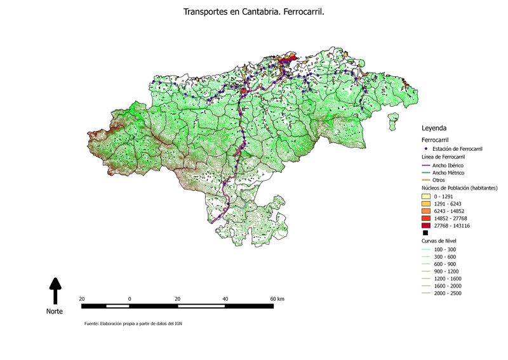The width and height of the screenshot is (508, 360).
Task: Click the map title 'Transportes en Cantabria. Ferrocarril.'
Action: pyautogui.click(x=254, y=11)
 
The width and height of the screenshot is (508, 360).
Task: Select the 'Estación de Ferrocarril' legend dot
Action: pyautogui.click(x=425, y=148)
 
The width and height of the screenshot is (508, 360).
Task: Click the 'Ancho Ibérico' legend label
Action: pyautogui.click(x=448, y=165)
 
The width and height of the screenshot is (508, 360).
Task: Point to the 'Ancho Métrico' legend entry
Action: pyautogui.click(x=448, y=172)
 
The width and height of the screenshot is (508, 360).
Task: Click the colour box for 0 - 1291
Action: pyautogui.click(x=425, y=197)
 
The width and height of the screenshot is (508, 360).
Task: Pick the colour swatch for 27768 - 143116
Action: pyautogui.click(x=425, y=225)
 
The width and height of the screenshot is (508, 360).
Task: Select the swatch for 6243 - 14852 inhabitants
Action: pyautogui.click(x=425, y=211)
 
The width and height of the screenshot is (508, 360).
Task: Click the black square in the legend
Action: pyautogui.click(x=425, y=233)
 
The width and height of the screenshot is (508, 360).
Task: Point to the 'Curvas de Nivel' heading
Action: pyautogui.click(x=439, y=242)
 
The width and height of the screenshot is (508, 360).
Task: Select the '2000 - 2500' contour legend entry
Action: pyautogui.click(x=448, y=293)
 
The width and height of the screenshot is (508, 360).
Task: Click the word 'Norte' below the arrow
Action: pyautogui.click(x=55, y=312)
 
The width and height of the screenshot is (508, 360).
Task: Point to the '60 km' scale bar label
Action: pyautogui.click(x=277, y=298)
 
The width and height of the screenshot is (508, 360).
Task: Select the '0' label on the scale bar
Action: pyautogui.click(x=130, y=298)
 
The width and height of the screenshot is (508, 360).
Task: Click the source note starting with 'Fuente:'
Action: pyautogui.click(x=134, y=324)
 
